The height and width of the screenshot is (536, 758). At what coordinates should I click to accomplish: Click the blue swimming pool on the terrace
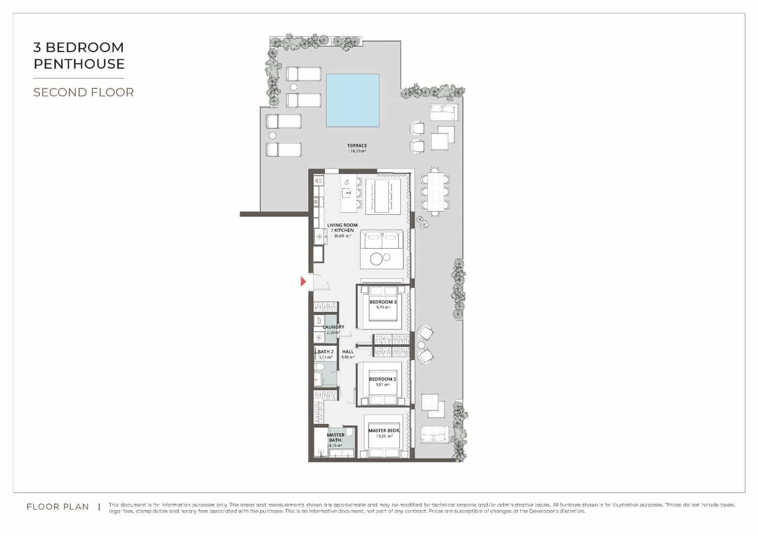coord(352,100)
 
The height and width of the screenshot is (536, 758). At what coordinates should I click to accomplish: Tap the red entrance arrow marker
coord(304,282)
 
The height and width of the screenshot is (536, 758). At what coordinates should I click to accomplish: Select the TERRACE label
coord(357,145)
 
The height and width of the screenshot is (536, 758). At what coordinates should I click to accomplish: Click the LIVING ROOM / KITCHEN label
coord(342,227)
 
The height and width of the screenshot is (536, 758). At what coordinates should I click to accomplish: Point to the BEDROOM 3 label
coord(383,302)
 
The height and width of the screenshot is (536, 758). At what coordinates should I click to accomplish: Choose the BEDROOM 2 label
coord(382,379)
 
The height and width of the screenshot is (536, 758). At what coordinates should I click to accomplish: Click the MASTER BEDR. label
coord(384,431)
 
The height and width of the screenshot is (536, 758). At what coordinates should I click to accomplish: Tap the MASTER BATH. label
coord(335,437)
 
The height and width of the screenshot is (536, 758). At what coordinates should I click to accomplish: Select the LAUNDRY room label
coord(334,327)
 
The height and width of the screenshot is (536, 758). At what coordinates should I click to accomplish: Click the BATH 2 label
coord(325,352)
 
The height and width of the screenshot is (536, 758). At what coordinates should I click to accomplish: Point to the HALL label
coord(348,352)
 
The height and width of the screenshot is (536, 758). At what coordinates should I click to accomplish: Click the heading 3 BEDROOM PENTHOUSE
coord(79,55)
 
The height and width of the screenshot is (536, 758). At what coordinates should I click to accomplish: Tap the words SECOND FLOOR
coord(83,92)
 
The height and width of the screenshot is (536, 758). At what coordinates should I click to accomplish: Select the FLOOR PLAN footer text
coord(58,507)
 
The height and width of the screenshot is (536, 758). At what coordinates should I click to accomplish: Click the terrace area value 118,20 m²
coord(357,151)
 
